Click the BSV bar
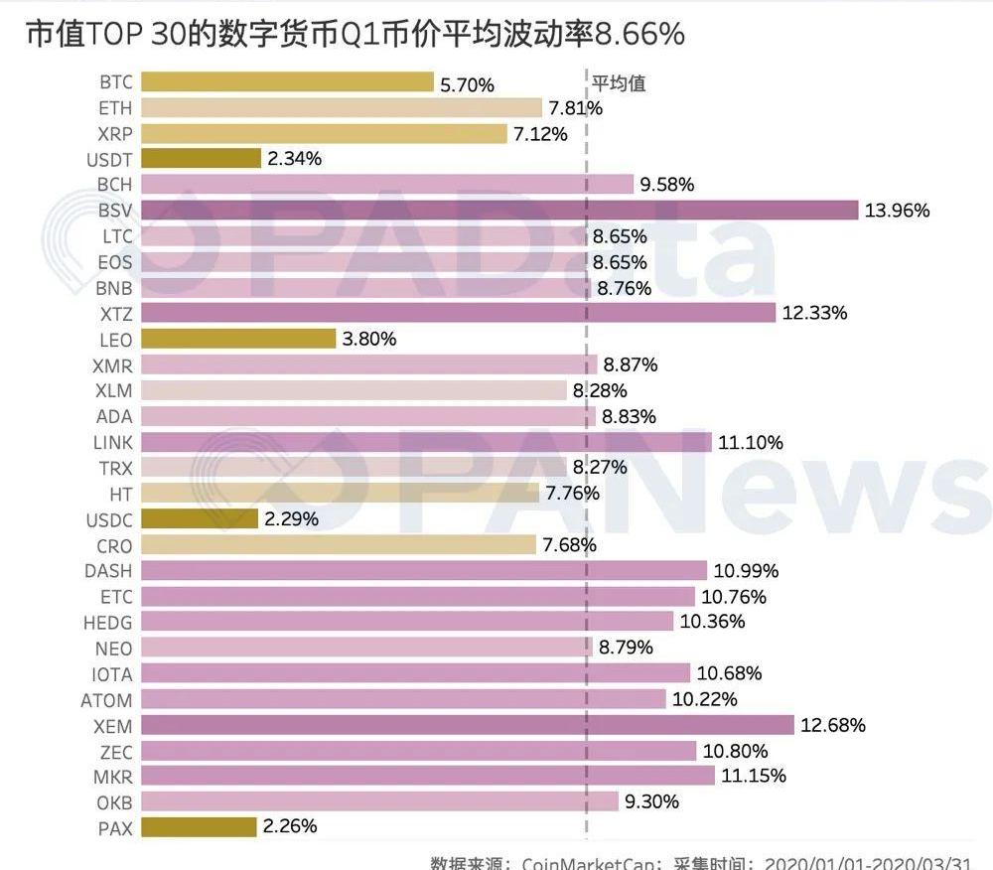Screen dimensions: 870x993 (499, 210)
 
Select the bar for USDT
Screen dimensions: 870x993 (201, 158)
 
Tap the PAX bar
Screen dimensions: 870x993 (199, 826)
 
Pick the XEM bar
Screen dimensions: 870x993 (468, 724)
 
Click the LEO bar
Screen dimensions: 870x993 (238, 339)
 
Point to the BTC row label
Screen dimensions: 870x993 (116, 82)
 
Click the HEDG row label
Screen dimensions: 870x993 (108, 623)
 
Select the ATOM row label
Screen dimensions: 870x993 (106, 700)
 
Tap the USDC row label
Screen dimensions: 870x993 (109, 519)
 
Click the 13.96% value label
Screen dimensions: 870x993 (898, 211)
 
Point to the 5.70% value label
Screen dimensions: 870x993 (467, 85)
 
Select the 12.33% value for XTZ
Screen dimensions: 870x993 (814, 314)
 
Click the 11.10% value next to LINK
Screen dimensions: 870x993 (750, 443)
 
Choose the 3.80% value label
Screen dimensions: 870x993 (369, 340)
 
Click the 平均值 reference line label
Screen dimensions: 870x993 (619, 83)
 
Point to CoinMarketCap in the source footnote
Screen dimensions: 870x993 (587, 862)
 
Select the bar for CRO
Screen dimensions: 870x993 (339, 545)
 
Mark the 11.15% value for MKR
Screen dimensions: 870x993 (753, 777)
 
